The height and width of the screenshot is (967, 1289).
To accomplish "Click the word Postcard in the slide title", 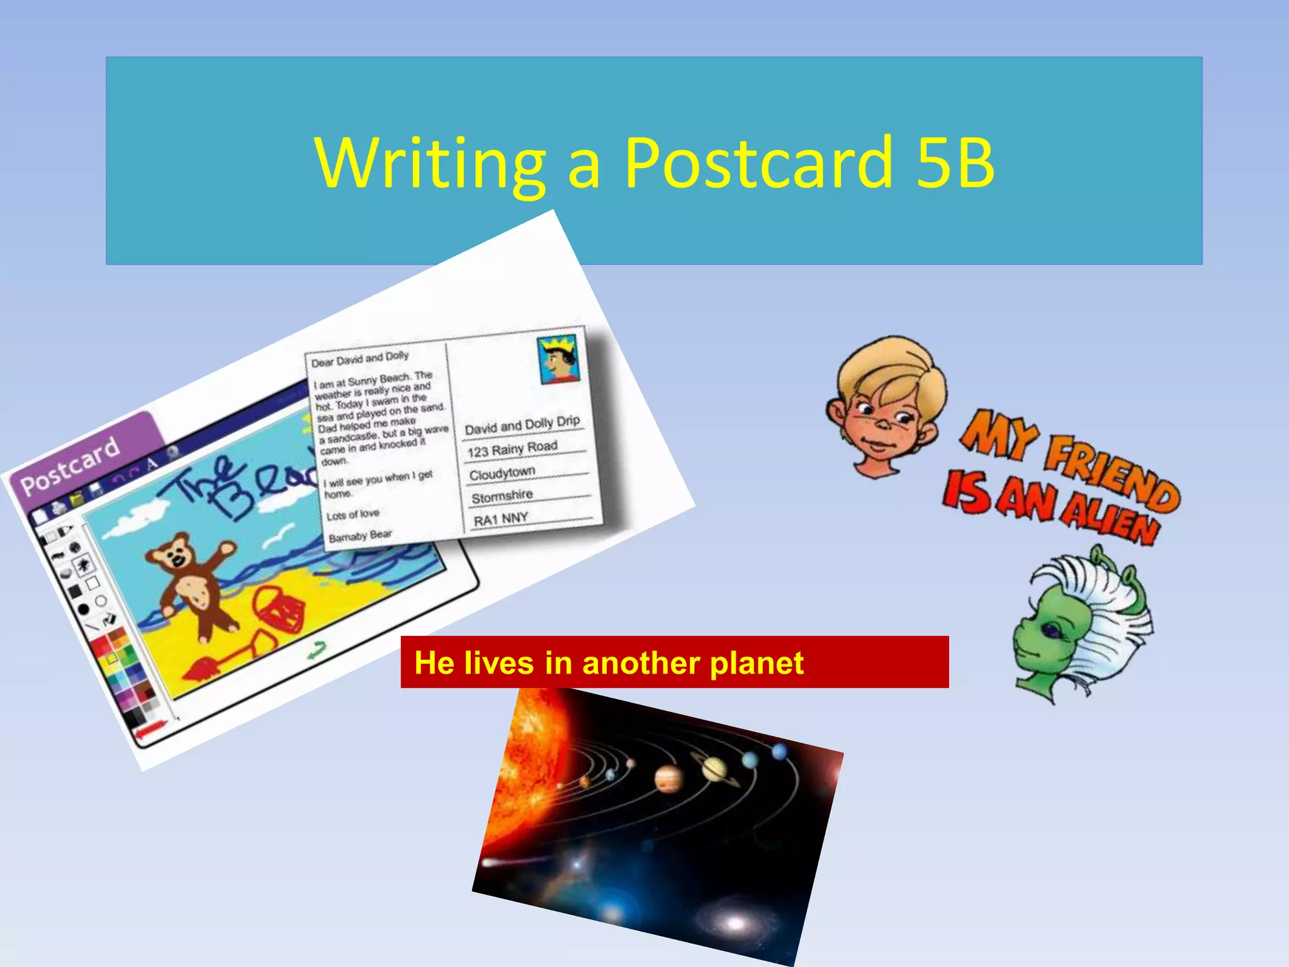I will (758, 164).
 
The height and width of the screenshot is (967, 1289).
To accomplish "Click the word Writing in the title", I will (431, 164).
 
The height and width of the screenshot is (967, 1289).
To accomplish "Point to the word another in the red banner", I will (639, 663).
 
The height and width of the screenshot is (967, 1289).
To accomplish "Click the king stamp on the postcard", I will (559, 359).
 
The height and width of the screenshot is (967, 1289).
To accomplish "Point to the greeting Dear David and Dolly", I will (360, 359).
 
